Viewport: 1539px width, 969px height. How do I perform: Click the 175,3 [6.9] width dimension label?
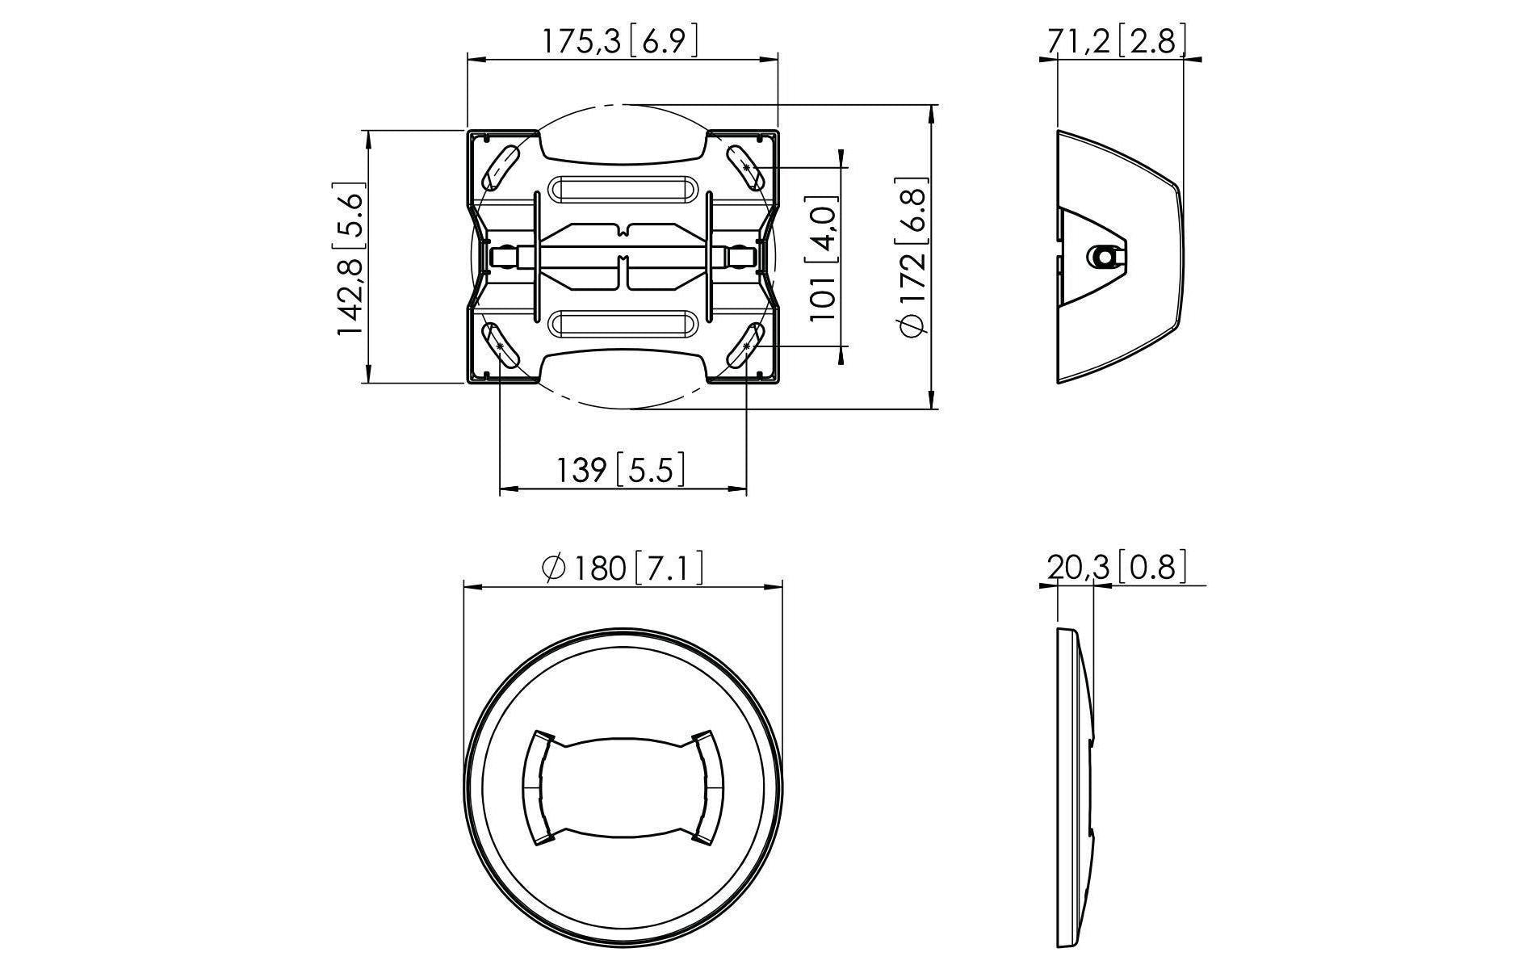(x=619, y=40)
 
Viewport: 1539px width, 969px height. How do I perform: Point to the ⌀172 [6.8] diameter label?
(x=913, y=257)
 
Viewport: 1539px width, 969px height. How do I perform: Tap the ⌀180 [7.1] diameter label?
(x=623, y=567)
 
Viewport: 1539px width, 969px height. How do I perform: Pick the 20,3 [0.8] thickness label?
(x=1118, y=567)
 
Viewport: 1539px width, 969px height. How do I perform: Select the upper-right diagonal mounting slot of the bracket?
(x=746, y=165)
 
